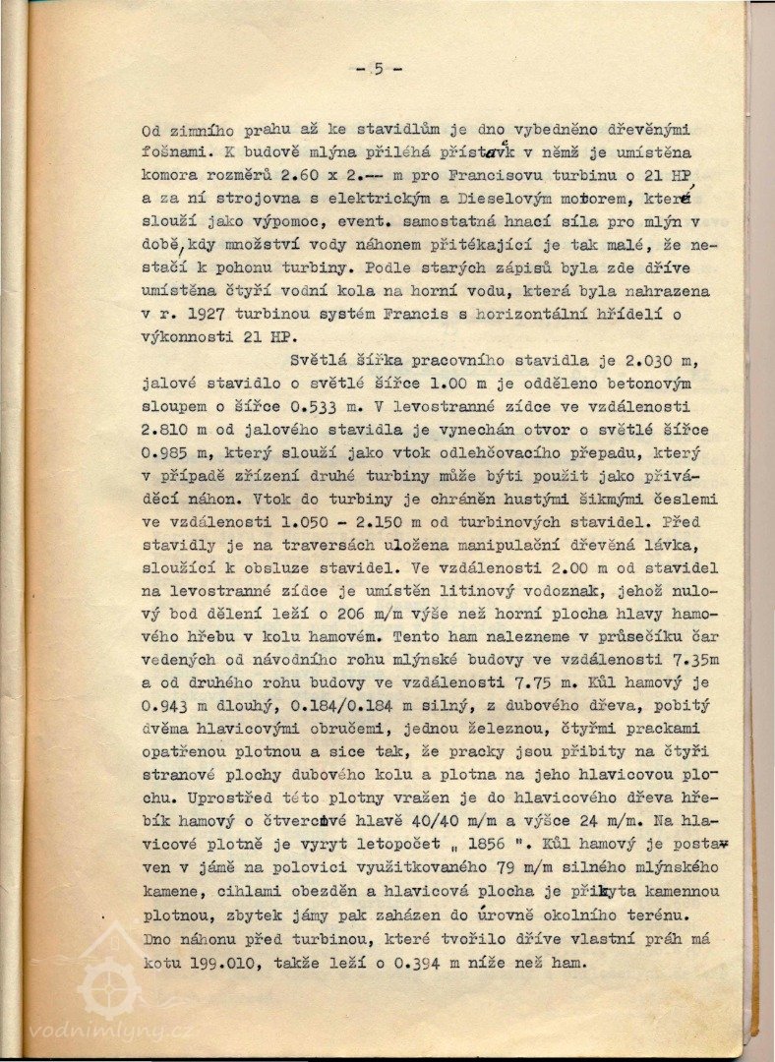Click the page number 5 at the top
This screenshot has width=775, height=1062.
pos(379,69)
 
